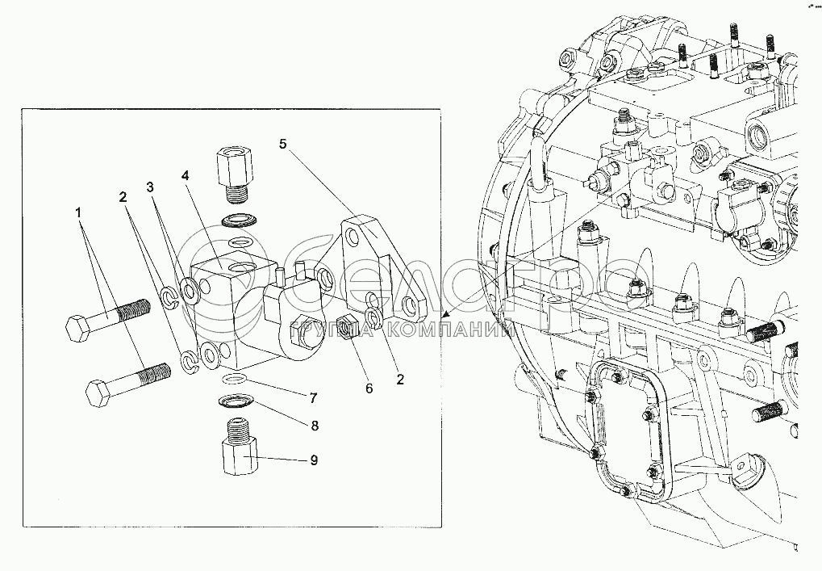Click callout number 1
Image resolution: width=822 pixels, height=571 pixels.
78,213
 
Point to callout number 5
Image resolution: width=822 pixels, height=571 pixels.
282,145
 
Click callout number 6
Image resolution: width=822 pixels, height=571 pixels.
369,388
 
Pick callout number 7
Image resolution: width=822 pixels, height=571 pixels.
311,397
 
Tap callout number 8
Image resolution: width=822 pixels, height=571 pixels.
313,425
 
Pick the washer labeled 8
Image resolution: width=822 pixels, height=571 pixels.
236,401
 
